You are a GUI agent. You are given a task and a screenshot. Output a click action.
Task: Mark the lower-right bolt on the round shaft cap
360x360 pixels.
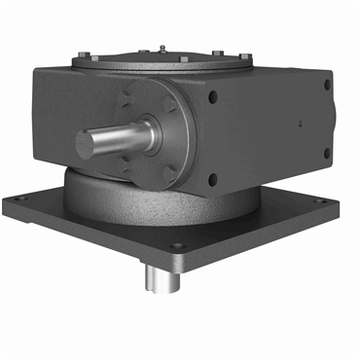171,170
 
